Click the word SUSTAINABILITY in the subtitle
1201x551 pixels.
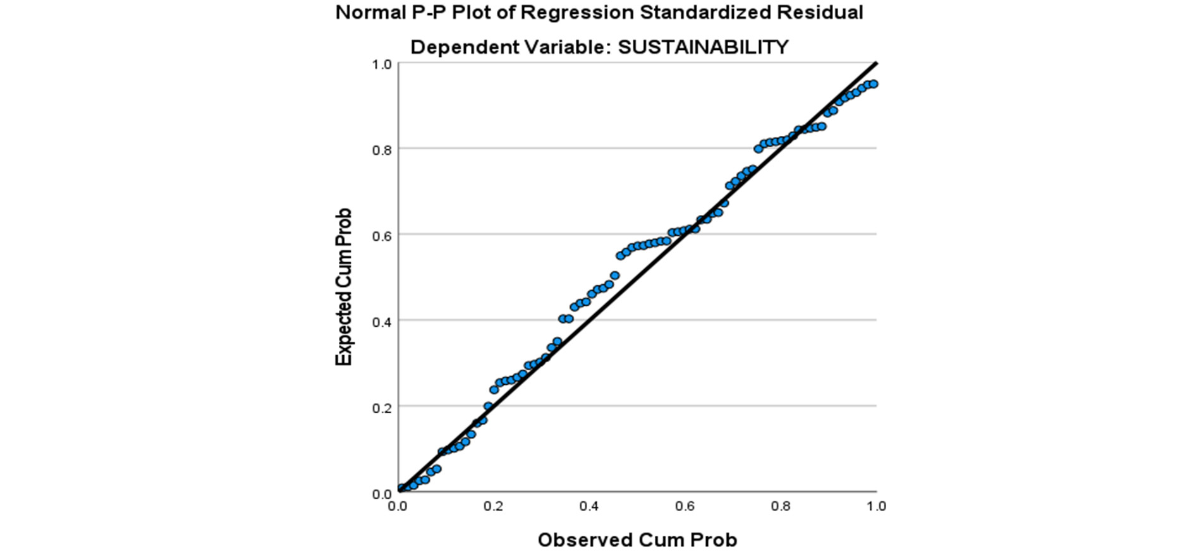[x=703, y=47]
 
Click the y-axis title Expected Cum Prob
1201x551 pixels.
[x=343, y=287]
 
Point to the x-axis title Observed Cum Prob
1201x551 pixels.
[x=637, y=540]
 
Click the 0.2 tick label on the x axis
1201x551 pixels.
[x=493, y=506]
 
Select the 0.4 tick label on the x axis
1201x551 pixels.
[x=589, y=506]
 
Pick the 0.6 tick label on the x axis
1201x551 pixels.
[x=685, y=506]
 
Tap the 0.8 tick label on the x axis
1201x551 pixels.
[x=781, y=506]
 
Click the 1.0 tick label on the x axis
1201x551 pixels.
[x=876, y=506]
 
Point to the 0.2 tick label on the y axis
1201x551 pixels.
[x=382, y=408]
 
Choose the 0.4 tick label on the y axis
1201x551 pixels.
[x=382, y=322]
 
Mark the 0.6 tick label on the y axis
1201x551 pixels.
[x=382, y=236]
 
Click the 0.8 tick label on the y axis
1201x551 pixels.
[x=382, y=150]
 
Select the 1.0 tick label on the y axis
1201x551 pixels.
[x=382, y=64]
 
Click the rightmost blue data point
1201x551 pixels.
[x=874, y=84]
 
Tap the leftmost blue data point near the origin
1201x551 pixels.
[x=401, y=488]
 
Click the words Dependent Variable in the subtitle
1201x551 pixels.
[x=511, y=47]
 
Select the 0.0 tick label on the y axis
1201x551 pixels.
[x=382, y=493]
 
